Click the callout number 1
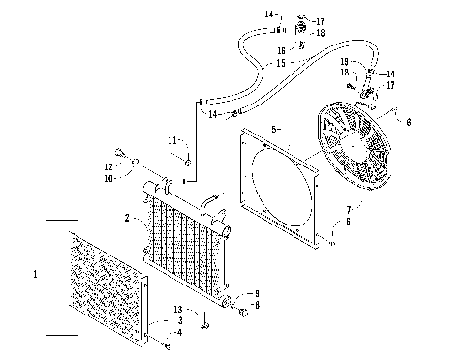coord(35,275)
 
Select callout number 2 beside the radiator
coord(127,220)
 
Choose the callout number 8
coord(257,305)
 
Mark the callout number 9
coord(257,292)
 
